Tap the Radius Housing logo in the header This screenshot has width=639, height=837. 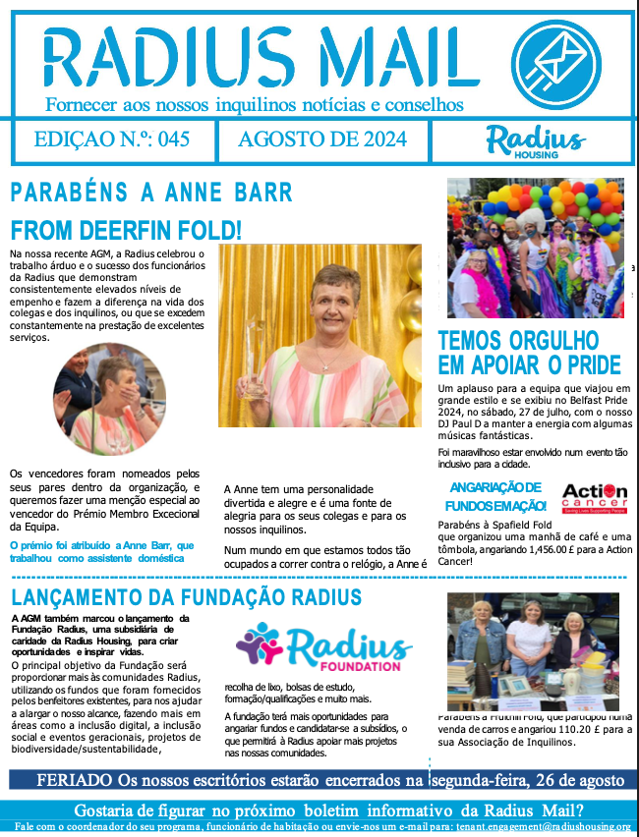(536, 140)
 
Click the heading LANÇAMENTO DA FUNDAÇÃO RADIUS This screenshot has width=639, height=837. (186, 598)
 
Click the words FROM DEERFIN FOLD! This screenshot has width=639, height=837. (126, 231)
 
